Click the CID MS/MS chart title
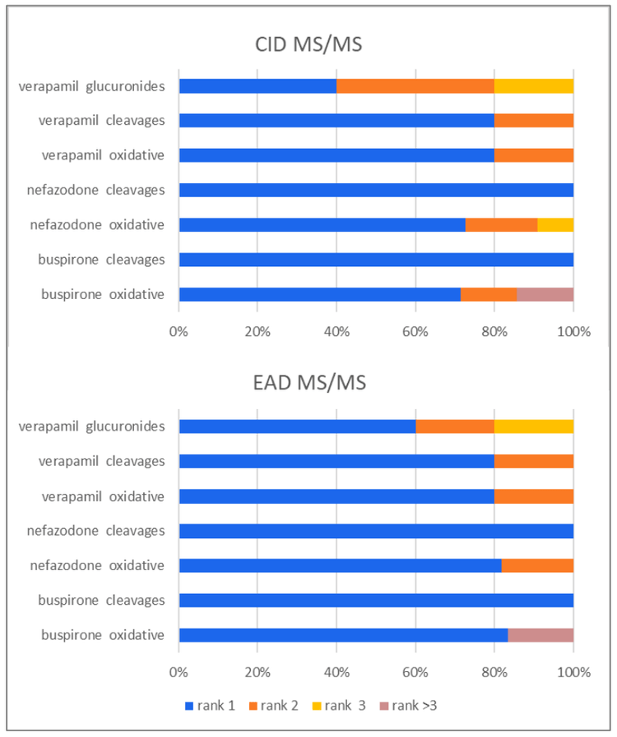[x=308, y=44]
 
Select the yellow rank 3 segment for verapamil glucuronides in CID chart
[x=533, y=85]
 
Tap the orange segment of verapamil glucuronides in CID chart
[x=415, y=85]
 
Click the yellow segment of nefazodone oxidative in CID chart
[x=555, y=224]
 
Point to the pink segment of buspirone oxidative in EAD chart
[x=540, y=635]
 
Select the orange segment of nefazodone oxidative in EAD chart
[x=537, y=565]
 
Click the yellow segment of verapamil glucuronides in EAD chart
[x=533, y=426]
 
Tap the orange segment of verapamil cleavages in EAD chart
[x=533, y=461]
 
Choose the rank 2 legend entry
[x=281, y=705]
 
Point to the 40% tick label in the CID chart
[x=336, y=332]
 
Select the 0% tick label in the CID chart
[x=179, y=332]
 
